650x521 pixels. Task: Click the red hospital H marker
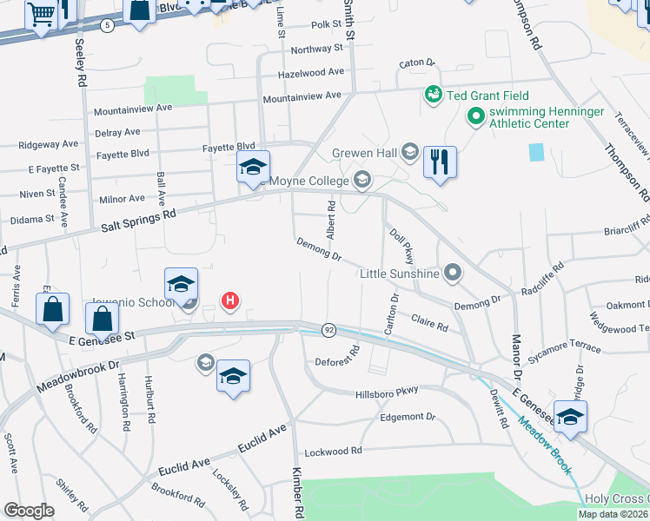click(x=230, y=301)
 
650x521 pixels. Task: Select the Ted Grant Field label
click(x=487, y=95)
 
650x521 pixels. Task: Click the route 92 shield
click(x=328, y=330)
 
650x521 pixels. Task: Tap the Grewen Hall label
click(x=364, y=154)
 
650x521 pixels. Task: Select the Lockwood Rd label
click(x=333, y=452)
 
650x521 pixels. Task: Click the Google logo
click(x=29, y=511)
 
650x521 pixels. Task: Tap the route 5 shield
click(x=106, y=25)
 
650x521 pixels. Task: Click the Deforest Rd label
click(x=337, y=360)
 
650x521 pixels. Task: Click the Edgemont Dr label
click(x=407, y=418)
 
